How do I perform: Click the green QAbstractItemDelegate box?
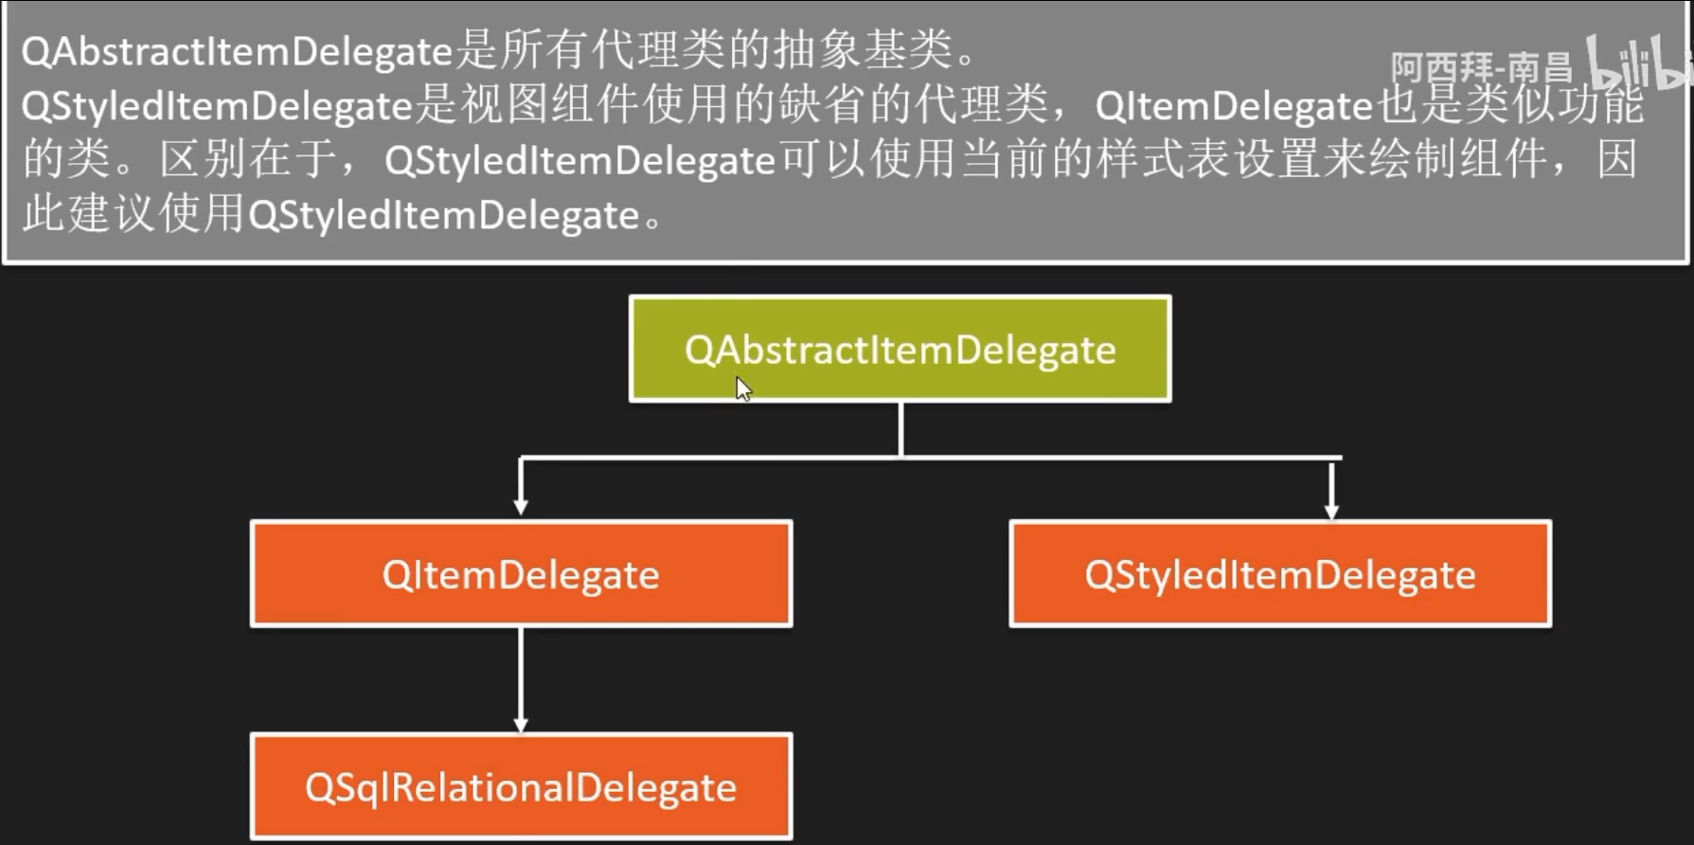tap(900, 349)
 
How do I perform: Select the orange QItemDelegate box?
tap(521, 574)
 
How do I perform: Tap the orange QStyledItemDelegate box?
tap(1280, 574)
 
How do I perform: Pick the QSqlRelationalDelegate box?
tap(521, 786)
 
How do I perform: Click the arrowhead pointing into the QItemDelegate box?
tap(521, 507)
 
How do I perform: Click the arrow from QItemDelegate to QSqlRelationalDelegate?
tap(521, 678)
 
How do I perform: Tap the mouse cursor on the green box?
tap(743, 388)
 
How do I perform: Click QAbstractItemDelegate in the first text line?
tap(237, 51)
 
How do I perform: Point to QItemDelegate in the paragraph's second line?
tap(1234, 106)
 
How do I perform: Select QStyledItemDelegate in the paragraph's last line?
tap(444, 216)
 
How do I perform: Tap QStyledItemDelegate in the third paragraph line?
tap(580, 161)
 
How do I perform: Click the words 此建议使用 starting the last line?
tap(133, 214)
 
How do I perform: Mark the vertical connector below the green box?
tap(900, 429)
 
